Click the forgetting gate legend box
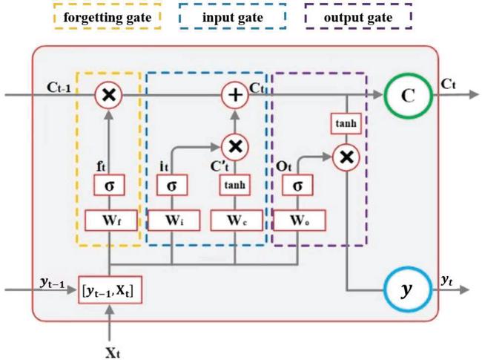(x=108, y=16)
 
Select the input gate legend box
(x=233, y=16)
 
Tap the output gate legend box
(x=358, y=16)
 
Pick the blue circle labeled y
(x=406, y=287)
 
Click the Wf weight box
(x=109, y=220)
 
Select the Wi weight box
(x=172, y=220)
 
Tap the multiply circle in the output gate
(x=346, y=156)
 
